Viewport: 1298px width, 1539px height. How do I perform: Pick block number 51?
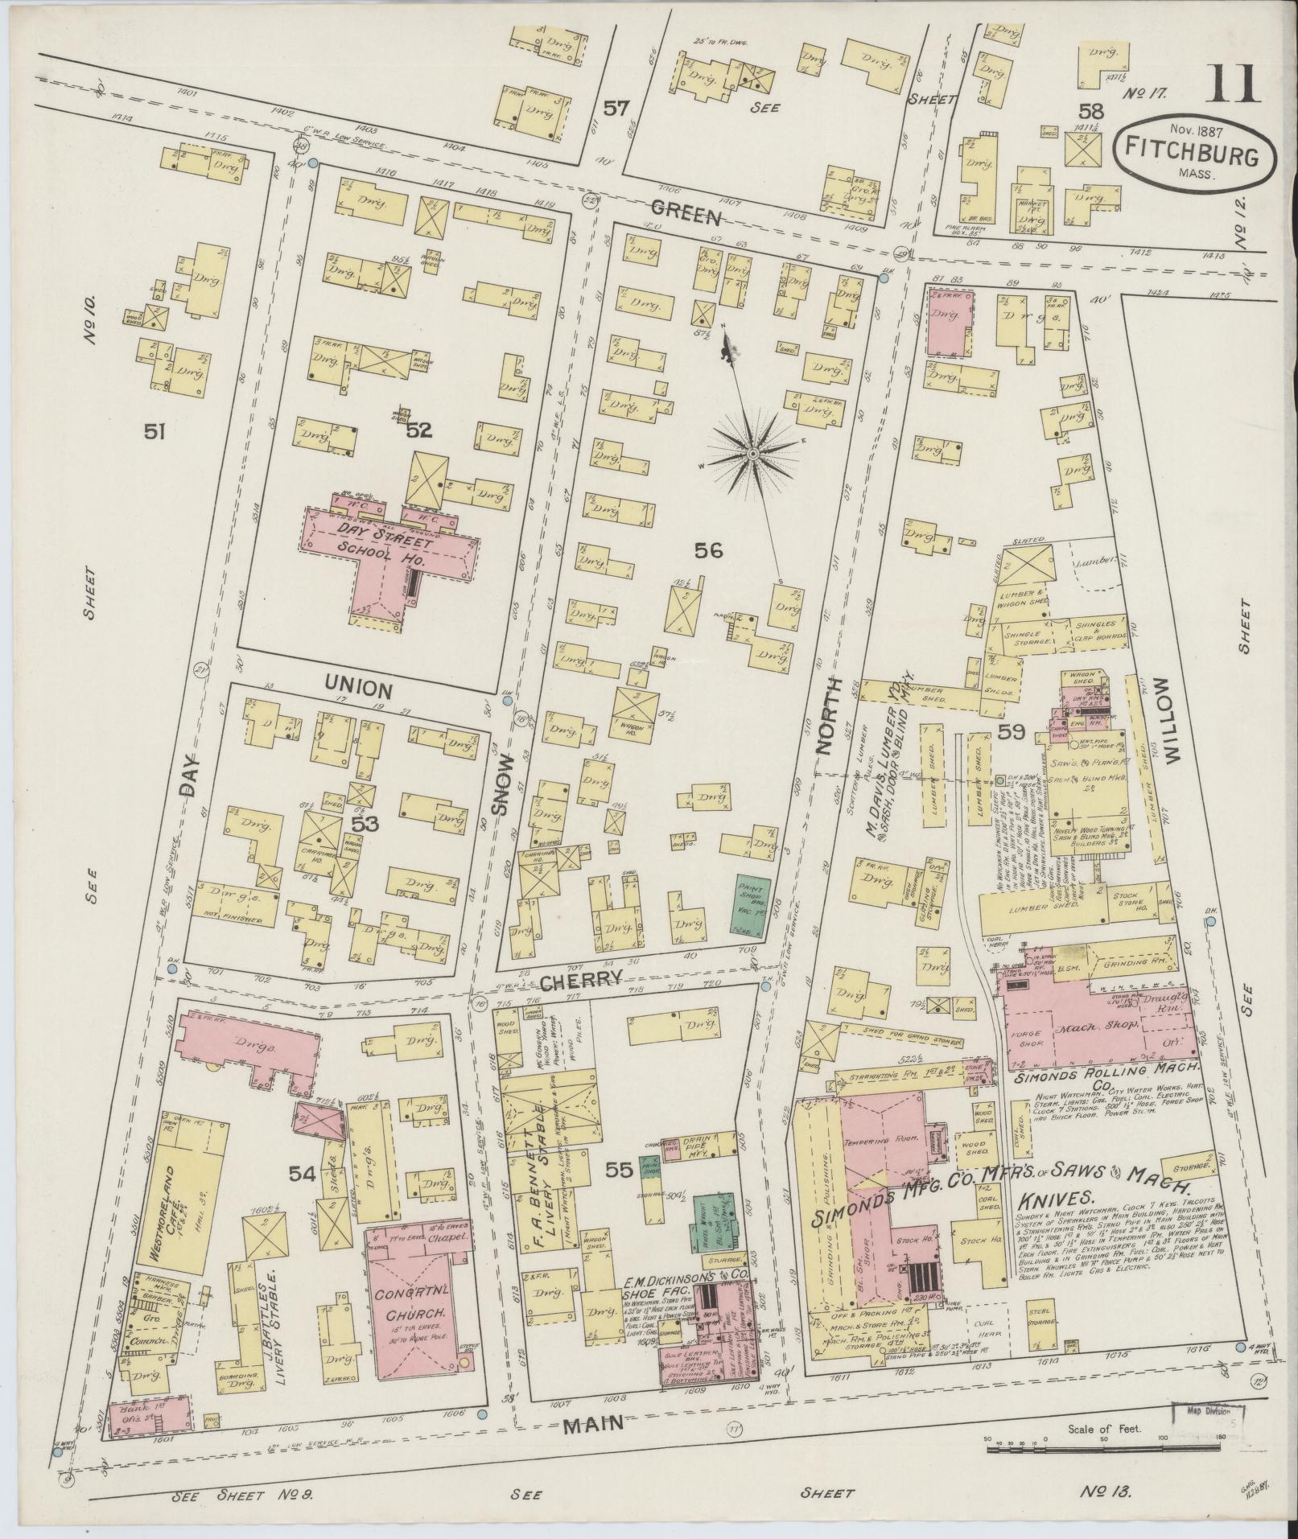(155, 433)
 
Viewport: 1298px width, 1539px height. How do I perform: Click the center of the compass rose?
(752, 455)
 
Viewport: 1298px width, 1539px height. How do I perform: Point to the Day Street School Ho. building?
(386, 555)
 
